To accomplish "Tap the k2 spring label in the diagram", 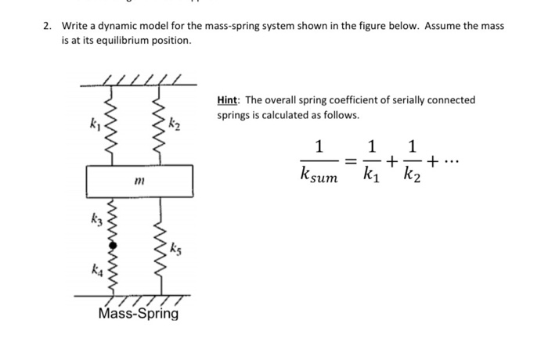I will (x=175, y=123).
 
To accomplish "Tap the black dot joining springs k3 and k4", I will (x=113, y=244).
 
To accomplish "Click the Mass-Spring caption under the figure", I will (x=139, y=314).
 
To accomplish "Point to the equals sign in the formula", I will (x=352, y=160).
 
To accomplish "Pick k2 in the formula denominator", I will (x=413, y=176).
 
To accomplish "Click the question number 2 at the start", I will (x=46, y=26).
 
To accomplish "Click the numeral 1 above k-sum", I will (x=318, y=146).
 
